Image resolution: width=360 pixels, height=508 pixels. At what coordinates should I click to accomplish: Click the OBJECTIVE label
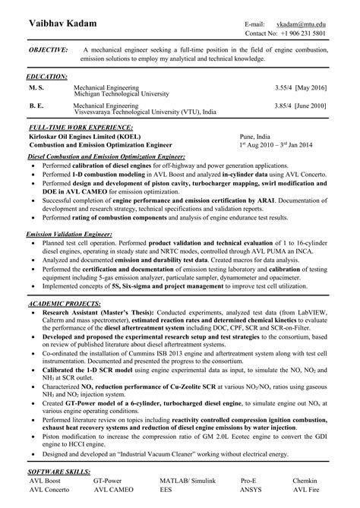(x=47, y=49)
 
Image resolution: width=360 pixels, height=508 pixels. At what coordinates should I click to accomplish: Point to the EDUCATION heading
(x=47, y=77)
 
